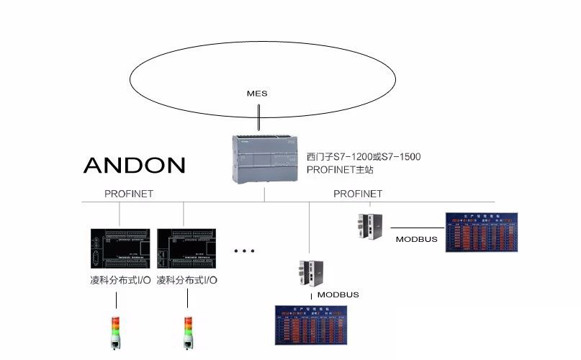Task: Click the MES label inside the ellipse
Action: click(x=257, y=94)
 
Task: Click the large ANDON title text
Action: click(x=134, y=165)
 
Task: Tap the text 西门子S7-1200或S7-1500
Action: click(x=364, y=156)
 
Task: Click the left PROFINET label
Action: click(x=129, y=194)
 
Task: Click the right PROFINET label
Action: click(x=358, y=194)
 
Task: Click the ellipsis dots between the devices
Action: click(x=245, y=251)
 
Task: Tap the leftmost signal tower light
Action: click(x=116, y=333)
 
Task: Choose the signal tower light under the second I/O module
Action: click(x=189, y=333)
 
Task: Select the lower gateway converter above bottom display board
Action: click(x=310, y=273)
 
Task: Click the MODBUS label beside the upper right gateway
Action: click(x=416, y=239)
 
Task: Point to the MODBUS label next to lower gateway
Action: click(x=338, y=294)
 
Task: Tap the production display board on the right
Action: click(x=487, y=231)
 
